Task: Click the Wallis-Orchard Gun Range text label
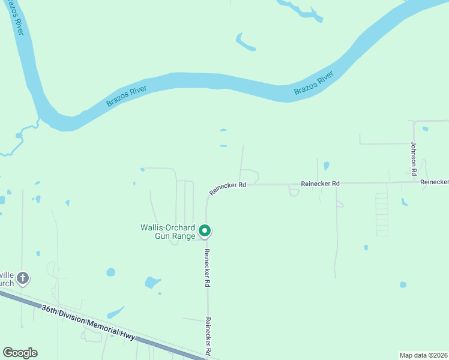[167, 232]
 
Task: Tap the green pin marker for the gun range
[205, 230]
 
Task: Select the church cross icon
[23, 278]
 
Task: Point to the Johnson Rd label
[414, 158]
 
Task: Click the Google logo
[20, 353]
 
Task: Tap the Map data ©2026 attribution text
[423, 355]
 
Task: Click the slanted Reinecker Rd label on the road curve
[228, 188]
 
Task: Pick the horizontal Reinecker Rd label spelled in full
[320, 183]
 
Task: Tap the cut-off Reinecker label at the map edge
[434, 181]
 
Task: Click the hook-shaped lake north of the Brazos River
[244, 43]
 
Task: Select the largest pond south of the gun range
[152, 282]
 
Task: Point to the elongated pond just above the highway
[116, 313]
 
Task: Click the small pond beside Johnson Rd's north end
[425, 128]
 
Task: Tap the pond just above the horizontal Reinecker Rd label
[326, 166]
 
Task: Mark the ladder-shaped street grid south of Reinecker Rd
[381, 214]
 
